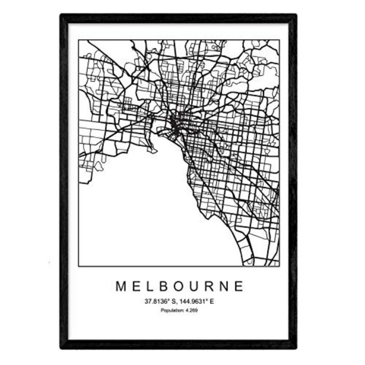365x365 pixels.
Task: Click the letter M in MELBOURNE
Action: pos(121,286)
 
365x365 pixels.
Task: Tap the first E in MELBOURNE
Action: pos(137,286)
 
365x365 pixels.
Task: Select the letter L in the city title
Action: pos(152,286)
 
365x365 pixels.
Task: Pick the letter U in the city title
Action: pos(198,286)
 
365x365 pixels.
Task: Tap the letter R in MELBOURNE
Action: pos(214,286)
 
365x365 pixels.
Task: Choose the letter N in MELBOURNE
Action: pos(229,286)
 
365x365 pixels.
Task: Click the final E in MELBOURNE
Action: pos(241,286)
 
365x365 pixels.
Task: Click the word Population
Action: pos(171,311)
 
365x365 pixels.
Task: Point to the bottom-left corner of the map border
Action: pos(78,266)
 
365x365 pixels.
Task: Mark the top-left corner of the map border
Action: pos(78,40)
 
